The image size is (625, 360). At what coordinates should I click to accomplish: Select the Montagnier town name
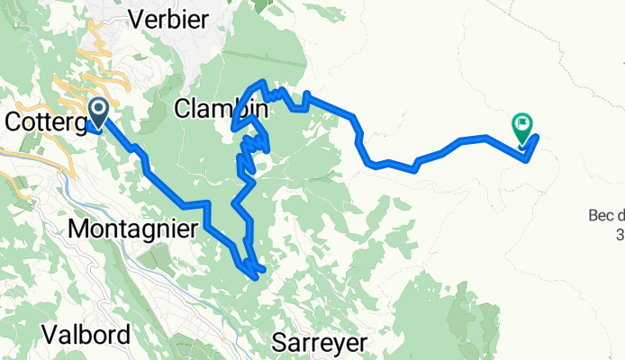point(132,229)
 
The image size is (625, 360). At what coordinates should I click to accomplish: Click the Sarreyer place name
point(320,343)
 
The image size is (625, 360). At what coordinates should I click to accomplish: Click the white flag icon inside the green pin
point(522,123)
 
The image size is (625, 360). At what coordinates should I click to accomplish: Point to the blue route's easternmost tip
point(538,137)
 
